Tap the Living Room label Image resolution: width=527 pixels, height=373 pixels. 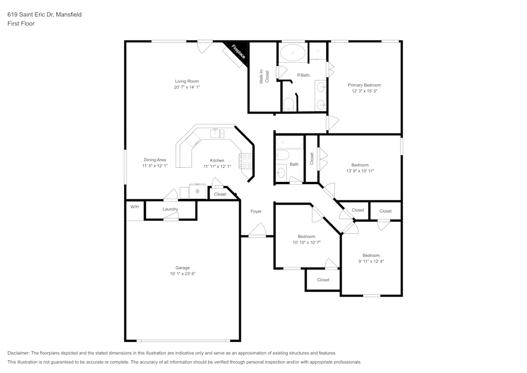click(x=187, y=81)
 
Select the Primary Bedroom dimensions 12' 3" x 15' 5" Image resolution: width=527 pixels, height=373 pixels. click(x=364, y=91)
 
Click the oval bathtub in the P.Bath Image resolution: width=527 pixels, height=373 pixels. click(x=291, y=52)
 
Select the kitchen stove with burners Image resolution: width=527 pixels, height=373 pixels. click(x=246, y=160)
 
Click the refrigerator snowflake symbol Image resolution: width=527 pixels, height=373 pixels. click(x=198, y=191)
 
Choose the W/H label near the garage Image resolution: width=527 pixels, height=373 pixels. click(x=134, y=206)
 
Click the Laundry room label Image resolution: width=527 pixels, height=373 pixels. click(x=170, y=209)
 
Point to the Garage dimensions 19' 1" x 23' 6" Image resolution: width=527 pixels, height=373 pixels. click(x=183, y=274)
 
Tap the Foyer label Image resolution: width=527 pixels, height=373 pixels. click(x=256, y=212)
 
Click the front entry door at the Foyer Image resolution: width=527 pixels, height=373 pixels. click(x=257, y=231)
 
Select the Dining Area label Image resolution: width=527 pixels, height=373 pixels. click(x=155, y=160)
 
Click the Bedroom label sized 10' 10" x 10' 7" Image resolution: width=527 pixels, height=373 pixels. click(x=307, y=236)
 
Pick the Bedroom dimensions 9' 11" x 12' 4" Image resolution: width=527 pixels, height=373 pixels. click(x=370, y=261)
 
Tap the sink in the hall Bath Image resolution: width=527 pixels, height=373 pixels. click(x=281, y=172)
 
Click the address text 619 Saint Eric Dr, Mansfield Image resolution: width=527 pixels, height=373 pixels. click(x=44, y=15)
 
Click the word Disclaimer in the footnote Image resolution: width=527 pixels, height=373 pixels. click(x=18, y=353)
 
